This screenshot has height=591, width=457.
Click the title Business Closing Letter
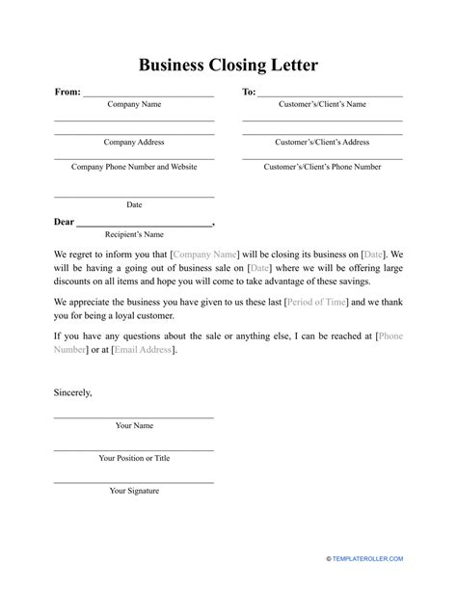228,65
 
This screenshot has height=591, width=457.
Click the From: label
67,93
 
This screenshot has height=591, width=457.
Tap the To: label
249,93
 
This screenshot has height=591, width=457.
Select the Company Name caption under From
134,104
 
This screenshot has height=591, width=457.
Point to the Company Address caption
134,142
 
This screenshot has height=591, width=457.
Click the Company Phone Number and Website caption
134,167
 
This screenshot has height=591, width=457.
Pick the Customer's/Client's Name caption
322,104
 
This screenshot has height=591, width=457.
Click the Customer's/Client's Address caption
322,142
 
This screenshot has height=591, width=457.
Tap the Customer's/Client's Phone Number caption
322,167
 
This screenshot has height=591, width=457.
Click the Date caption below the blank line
134,204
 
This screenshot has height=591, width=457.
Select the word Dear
64,222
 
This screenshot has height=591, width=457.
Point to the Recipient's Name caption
134,234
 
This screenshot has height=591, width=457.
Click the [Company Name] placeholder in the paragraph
203,253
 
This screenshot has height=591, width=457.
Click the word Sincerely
73,392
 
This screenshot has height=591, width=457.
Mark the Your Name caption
134,425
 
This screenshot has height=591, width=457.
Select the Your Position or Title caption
134,458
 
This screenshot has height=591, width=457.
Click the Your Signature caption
134,491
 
